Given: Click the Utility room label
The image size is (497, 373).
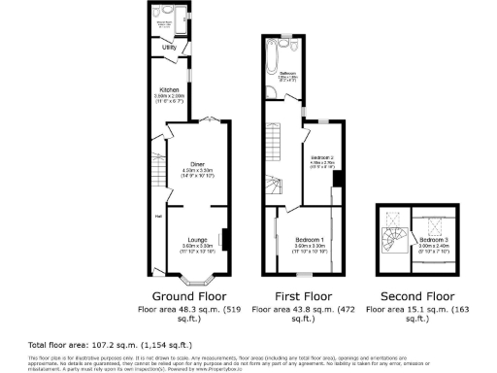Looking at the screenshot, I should click(168, 47).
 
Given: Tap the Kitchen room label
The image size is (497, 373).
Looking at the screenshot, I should click(169, 88).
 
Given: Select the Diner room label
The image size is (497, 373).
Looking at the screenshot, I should click(197, 164).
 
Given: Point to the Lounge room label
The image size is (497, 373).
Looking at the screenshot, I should click(197, 239).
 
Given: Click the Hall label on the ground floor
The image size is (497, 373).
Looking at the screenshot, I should click(157, 216).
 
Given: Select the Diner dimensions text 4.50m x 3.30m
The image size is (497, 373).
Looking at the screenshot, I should click(197, 171).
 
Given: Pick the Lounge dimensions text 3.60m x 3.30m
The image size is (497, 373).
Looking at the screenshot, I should click(197, 246).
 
